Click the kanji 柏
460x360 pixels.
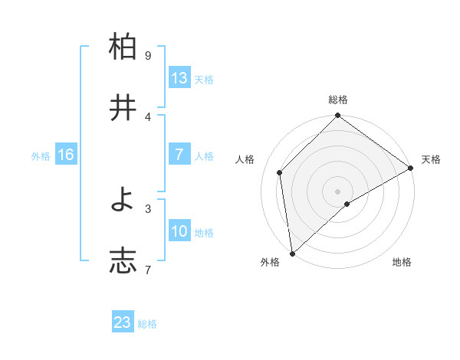pos(123,47)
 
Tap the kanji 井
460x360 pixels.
pos(123,108)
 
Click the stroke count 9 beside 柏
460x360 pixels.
pos(148,56)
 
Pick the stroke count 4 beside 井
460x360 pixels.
pos(148,116)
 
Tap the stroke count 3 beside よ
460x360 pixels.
pos(148,208)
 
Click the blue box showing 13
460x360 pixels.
pos(179,78)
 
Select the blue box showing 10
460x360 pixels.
pos(179,231)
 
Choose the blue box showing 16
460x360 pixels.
pos(66,155)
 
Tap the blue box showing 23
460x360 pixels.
pos(123,322)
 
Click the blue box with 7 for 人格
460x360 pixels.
pos(179,155)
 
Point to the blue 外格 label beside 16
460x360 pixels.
pos(41,155)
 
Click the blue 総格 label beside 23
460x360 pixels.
pos(147,324)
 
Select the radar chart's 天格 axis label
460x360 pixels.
pos(431,159)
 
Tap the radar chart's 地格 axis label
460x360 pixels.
pos(402,262)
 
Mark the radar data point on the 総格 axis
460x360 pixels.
pos(337,116)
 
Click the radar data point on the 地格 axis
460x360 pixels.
pos(347,204)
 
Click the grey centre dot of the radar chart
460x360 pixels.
pos(337,191)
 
